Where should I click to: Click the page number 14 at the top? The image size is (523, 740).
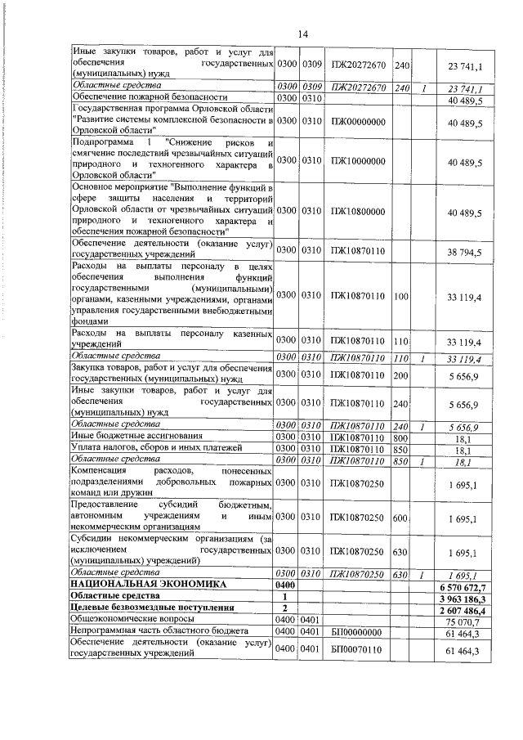click(x=302, y=34)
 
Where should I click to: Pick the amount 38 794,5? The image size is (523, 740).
click(x=465, y=250)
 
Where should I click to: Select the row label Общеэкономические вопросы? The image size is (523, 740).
click(x=127, y=621)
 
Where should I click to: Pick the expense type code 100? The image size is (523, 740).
click(x=400, y=294)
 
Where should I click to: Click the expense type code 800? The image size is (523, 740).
click(x=400, y=437)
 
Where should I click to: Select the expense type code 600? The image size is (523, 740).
click(x=400, y=518)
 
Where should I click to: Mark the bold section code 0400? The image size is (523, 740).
click(x=284, y=586)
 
